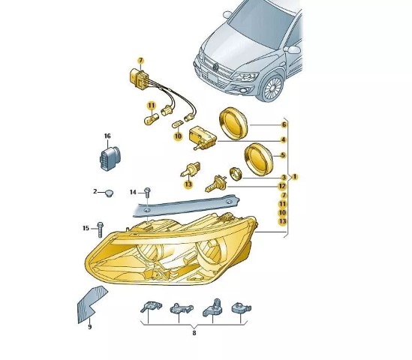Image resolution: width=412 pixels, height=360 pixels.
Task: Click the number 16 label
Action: [107, 136]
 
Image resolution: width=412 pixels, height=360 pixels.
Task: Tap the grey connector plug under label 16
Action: [109, 158]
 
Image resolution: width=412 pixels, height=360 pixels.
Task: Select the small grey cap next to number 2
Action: [109, 193]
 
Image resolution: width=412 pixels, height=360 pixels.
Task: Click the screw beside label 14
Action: [147, 193]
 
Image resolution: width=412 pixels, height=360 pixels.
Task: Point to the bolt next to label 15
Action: [100, 229]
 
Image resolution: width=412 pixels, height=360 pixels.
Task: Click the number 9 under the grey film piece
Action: [90, 327]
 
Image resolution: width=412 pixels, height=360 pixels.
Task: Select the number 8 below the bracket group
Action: [194, 333]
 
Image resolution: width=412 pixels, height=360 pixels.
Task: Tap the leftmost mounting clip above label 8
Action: [151, 307]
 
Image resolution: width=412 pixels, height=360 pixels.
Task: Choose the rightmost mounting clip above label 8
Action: [241, 307]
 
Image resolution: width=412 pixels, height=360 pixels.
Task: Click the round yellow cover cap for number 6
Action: [233, 123]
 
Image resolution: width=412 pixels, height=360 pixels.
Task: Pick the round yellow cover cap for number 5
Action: [259, 160]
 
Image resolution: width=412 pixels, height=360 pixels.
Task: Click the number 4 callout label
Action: [283, 140]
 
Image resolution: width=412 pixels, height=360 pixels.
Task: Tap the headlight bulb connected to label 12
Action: [215, 184]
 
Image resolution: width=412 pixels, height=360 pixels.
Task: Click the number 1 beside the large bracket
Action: [295, 177]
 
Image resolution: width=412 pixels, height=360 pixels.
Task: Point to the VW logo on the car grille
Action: [215, 67]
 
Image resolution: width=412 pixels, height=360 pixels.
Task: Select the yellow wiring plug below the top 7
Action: [139, 76]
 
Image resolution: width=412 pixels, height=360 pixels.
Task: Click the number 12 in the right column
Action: [282, 186]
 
